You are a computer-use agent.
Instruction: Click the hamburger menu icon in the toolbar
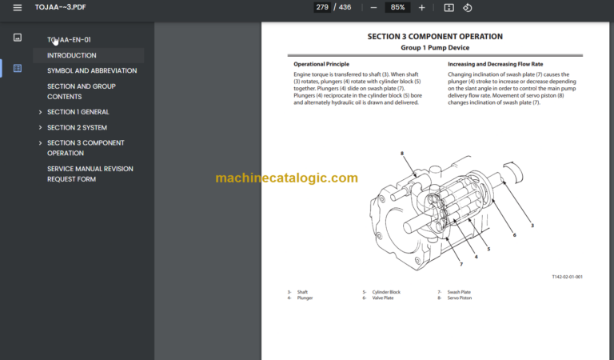18,8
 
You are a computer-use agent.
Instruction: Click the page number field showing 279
321,7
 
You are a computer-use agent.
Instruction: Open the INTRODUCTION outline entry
72,55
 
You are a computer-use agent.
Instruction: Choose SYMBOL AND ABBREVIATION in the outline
92,70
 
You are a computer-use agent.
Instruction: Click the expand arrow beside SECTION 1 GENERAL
40,112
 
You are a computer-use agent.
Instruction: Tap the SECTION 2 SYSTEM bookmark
77,127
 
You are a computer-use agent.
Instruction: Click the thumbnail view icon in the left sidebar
18,38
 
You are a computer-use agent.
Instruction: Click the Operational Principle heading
321,64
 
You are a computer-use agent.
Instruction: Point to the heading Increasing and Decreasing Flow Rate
495,64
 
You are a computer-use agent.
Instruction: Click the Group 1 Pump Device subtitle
435,47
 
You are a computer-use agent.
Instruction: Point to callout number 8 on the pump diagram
402,153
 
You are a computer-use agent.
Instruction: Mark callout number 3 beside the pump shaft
532,226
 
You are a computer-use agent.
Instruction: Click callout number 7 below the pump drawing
460,263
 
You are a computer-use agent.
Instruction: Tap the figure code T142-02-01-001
567,277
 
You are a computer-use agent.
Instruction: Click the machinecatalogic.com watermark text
286,178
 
